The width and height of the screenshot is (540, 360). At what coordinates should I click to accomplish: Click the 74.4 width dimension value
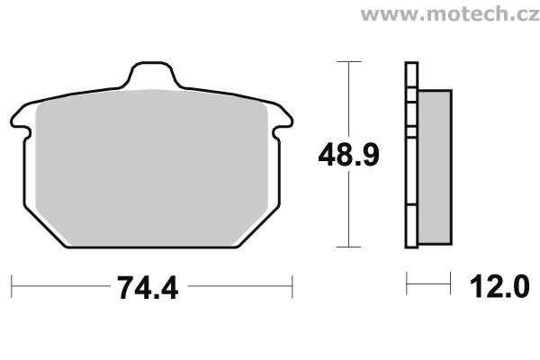[148, 288]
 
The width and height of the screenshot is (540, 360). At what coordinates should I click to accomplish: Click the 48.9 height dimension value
[348, 155]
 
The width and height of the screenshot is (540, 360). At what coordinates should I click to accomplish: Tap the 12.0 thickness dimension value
[499, 286]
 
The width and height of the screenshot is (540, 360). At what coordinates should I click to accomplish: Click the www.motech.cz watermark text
[450, 14]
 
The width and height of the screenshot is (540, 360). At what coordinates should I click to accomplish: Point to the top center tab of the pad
[152, 75]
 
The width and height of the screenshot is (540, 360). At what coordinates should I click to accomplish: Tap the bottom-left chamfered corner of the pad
[45, 227]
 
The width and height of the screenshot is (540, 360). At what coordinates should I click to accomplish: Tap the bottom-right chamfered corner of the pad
[258, 227]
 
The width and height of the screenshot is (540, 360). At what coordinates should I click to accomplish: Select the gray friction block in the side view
[435, 167]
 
